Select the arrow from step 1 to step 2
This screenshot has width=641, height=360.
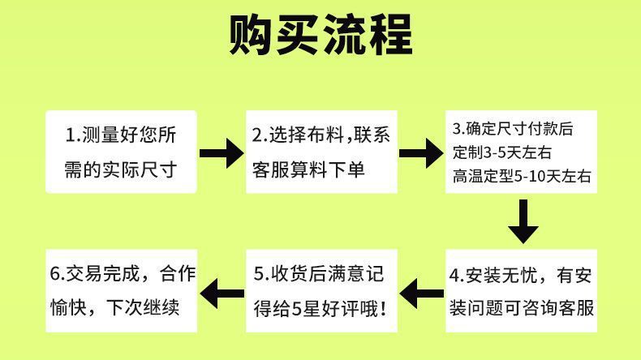(x=222, y=152)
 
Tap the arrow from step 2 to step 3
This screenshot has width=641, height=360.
(x=422, y=152)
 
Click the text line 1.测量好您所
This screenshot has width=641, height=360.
(x=121, y=135)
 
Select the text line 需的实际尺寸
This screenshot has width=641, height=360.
(x=121, y=169)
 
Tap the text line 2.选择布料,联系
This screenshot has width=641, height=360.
(x=321, y=135)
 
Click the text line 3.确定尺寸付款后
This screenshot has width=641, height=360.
(x=513, y=128)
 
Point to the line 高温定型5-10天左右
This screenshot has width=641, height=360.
(x=522, y=175)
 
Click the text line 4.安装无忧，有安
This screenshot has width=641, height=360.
(x=521, y=275)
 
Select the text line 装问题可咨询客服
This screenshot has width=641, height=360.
(x=521, y=309)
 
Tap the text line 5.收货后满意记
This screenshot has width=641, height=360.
(x=320, y=274)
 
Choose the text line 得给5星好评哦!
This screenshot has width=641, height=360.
(x=320, y=309)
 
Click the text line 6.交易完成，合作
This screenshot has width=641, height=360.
(x=123, y=274)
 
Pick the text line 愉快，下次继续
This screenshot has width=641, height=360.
(x=114, y=309)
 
